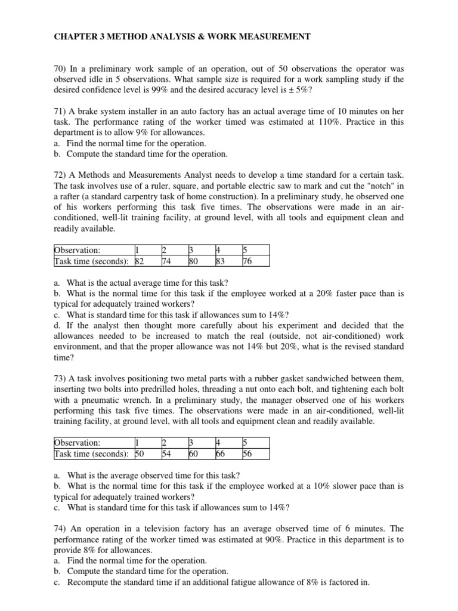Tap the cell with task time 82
[140, 261]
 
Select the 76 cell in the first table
[247, 261]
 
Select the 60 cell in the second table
[194, 453]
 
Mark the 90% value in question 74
[250, 539]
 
